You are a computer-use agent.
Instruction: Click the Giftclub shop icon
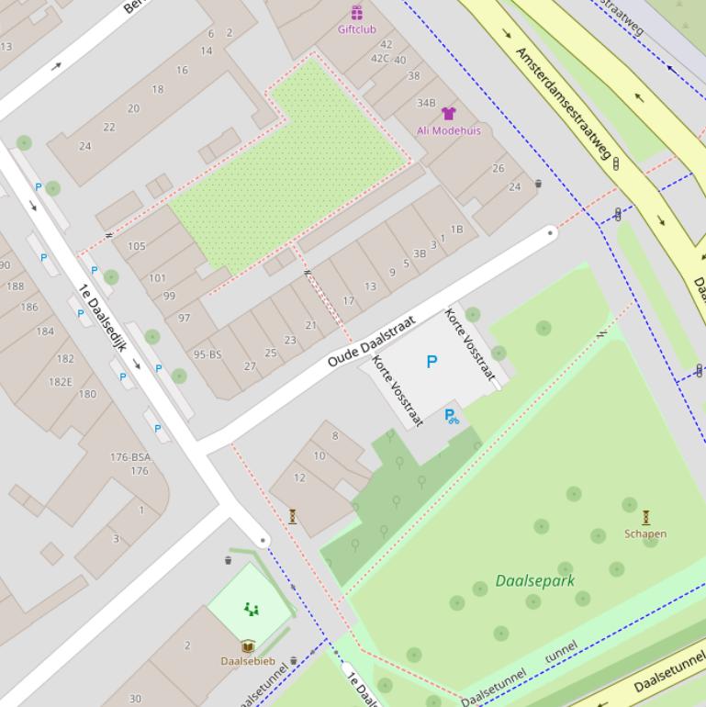[x=356, y=13]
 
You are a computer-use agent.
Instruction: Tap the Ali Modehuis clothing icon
[x=448, y=114]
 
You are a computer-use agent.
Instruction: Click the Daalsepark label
[x=534, y=580]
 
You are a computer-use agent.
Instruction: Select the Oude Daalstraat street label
[x=371, y=342]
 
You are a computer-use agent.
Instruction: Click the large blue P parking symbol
[x=431, y=362]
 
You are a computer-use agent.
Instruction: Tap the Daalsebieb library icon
[x=248, y=646]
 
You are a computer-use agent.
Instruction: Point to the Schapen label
[x=645, y=533]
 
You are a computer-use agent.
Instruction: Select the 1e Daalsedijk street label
[x=103, y=318]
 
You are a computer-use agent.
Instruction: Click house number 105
[x=137, y=246]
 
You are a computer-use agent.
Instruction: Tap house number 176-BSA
[x=130, y=456]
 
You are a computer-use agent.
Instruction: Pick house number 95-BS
[x=207, y=354]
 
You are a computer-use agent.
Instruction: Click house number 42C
[x=379, y=58]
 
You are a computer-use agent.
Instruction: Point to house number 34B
[x=426, y=103]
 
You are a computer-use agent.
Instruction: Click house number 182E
[x=61, y=382]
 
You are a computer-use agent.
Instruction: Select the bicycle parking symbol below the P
[x=451, y=416]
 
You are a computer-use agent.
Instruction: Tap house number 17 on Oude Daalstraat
[x=348, y=300]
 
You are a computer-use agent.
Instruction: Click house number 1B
[x=456, y=229]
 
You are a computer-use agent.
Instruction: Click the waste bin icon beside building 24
[x=538, y=184]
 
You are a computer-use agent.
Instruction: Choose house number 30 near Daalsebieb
[x=135, y=699]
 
